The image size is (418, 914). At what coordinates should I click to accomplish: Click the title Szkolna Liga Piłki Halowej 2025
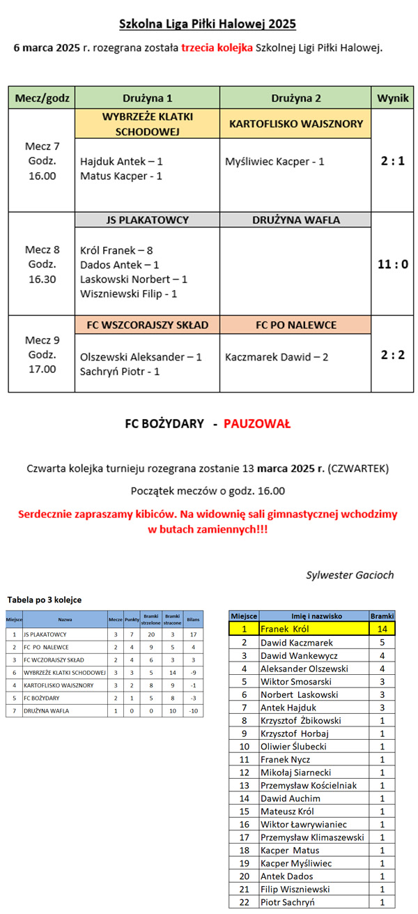coord(208,24)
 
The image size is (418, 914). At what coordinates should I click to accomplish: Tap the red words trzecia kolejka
coord(217,48)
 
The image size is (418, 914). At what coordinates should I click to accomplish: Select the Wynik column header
coord(392,98)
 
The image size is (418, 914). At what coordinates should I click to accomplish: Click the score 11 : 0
coord(392,264)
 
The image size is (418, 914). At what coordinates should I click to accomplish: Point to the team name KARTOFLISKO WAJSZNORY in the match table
coord(295,124)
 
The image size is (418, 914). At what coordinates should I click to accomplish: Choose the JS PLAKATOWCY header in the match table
coord(147,220)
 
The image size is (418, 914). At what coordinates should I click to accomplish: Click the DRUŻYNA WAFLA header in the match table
coord(295,220)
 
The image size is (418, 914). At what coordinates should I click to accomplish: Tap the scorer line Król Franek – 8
coord(116,250)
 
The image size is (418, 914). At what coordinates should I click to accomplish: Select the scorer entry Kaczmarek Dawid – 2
coord(277,357)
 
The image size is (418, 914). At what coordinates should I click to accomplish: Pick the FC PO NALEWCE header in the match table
coord(295,325)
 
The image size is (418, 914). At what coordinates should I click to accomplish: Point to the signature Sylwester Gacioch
coord(350,575)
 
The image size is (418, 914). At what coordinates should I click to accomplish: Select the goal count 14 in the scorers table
coord(382,629)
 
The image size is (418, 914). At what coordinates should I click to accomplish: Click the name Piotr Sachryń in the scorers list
coord(287,902)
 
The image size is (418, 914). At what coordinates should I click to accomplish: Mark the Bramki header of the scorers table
coord(382,616)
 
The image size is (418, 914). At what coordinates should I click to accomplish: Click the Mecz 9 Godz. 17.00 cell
coord(42,354)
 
